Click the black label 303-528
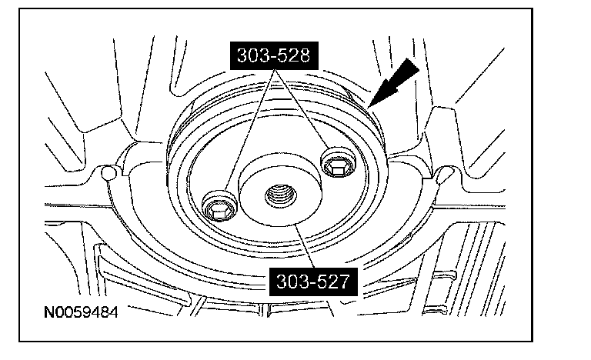coord(274,56)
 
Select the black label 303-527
coord(313,282)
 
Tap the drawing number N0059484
coord(81,312)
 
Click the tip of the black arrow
coord(369,108)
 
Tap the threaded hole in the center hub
coord(280,195)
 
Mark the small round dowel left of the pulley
coord(109,173)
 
